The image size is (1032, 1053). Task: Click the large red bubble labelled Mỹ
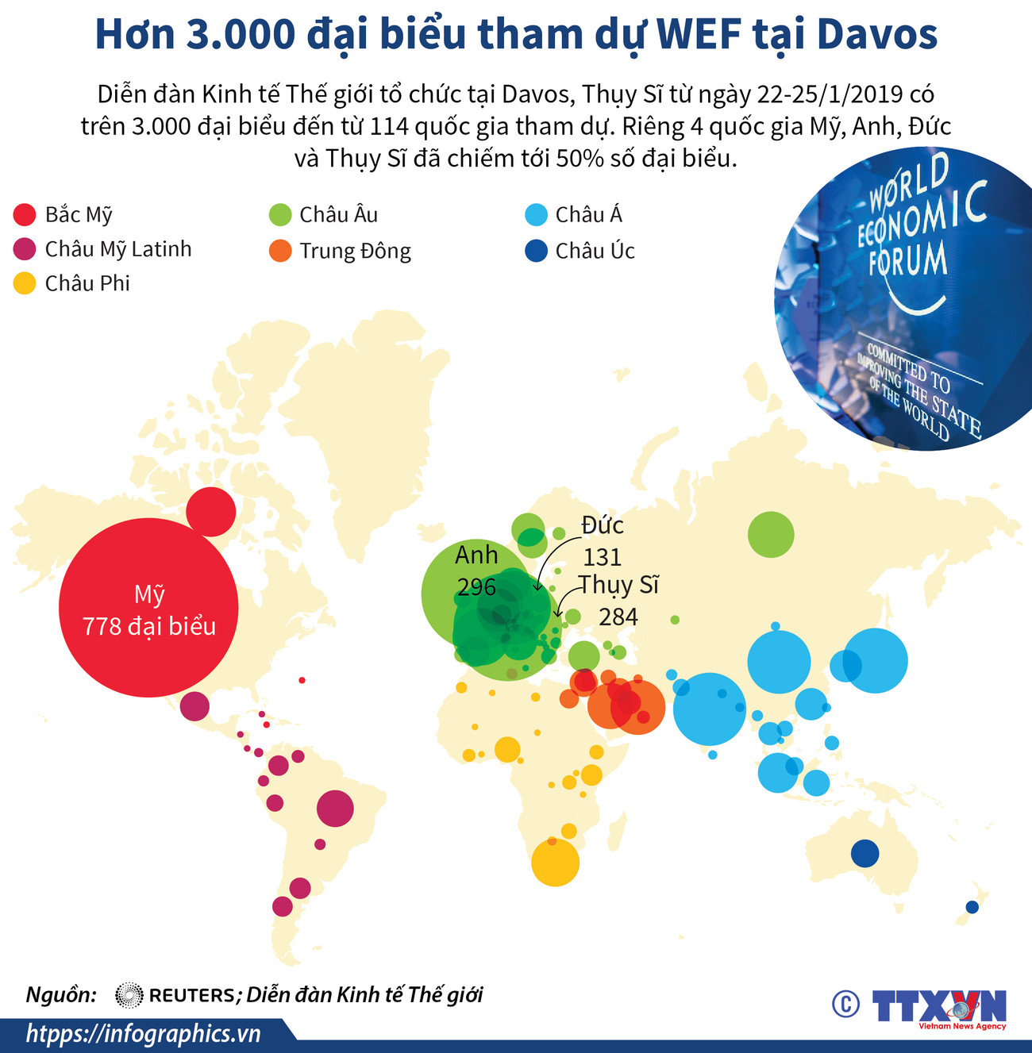148,608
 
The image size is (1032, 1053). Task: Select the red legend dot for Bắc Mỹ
25,215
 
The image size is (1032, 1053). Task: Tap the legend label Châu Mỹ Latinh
118,249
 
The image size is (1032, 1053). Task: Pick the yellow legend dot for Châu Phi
25,283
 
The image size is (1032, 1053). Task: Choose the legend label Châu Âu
338,215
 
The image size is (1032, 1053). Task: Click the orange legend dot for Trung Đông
280,252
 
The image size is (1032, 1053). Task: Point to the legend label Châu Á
588,215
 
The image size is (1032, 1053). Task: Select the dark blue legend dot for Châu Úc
537,252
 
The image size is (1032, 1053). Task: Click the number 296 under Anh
476,587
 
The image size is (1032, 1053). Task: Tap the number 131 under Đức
602,557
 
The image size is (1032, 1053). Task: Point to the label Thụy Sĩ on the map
618,586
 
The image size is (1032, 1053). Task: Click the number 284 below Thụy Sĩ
618,617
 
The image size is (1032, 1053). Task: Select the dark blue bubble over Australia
864,854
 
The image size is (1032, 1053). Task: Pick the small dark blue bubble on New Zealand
972,907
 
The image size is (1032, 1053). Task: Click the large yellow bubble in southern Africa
555,862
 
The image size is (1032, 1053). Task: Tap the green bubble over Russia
770,534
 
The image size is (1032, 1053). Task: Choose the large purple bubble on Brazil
334,809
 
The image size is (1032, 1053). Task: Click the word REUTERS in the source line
192,995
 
